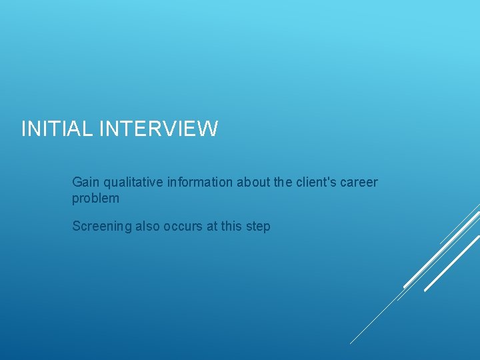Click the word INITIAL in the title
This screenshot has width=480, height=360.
pyautogui.click(x=57, y=129)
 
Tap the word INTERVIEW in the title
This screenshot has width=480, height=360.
pyautogui.click(x=158, y=129)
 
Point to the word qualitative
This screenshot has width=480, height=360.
pyautogui.click(x=129, y=182)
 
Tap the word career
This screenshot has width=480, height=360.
pyautogui.click(x=360, y=182)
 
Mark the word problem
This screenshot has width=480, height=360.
pyautogui.click(x=95, y=199)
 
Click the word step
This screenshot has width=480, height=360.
pyautogui.click(x=258, y=227)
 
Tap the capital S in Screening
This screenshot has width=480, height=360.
pyautogui.click(x=76, y=227)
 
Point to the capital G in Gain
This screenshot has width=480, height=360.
pyautogui.click(x=77, y=182)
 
